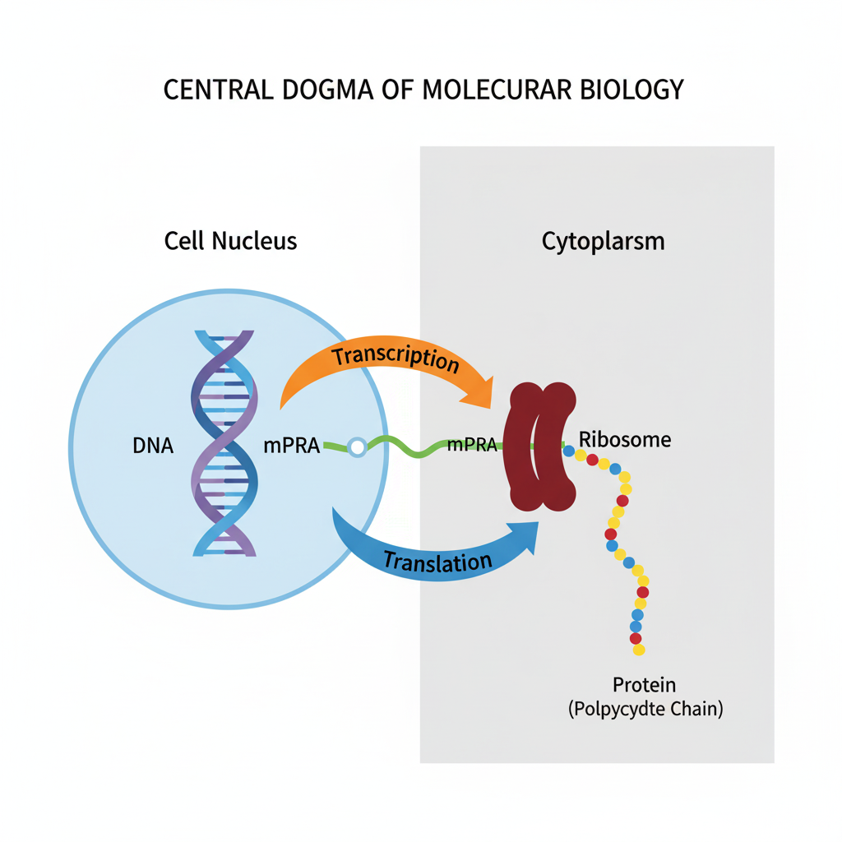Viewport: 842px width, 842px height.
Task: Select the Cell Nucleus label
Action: (x=230, y=241)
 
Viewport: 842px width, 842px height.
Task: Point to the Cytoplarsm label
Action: (x=603, y=242)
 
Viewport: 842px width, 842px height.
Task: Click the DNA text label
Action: (x=153, y=446)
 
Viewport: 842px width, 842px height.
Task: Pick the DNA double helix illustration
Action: (x=224, y=444)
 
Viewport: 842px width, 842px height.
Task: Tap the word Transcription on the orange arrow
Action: (x=396, y=359)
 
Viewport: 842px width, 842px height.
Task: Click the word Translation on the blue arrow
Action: (x=437, y=562)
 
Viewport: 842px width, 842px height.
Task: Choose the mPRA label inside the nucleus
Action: (x=291, y=446)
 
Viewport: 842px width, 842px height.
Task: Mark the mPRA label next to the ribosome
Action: (x=472, y=446)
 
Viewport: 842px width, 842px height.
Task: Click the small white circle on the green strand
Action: (x=357, y=447)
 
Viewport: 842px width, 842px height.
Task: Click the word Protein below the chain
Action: (x=644, y=684)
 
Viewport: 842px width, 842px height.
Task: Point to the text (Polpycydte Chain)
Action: (x=645, y=710)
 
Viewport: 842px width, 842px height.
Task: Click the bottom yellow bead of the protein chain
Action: (x=639, y=650)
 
